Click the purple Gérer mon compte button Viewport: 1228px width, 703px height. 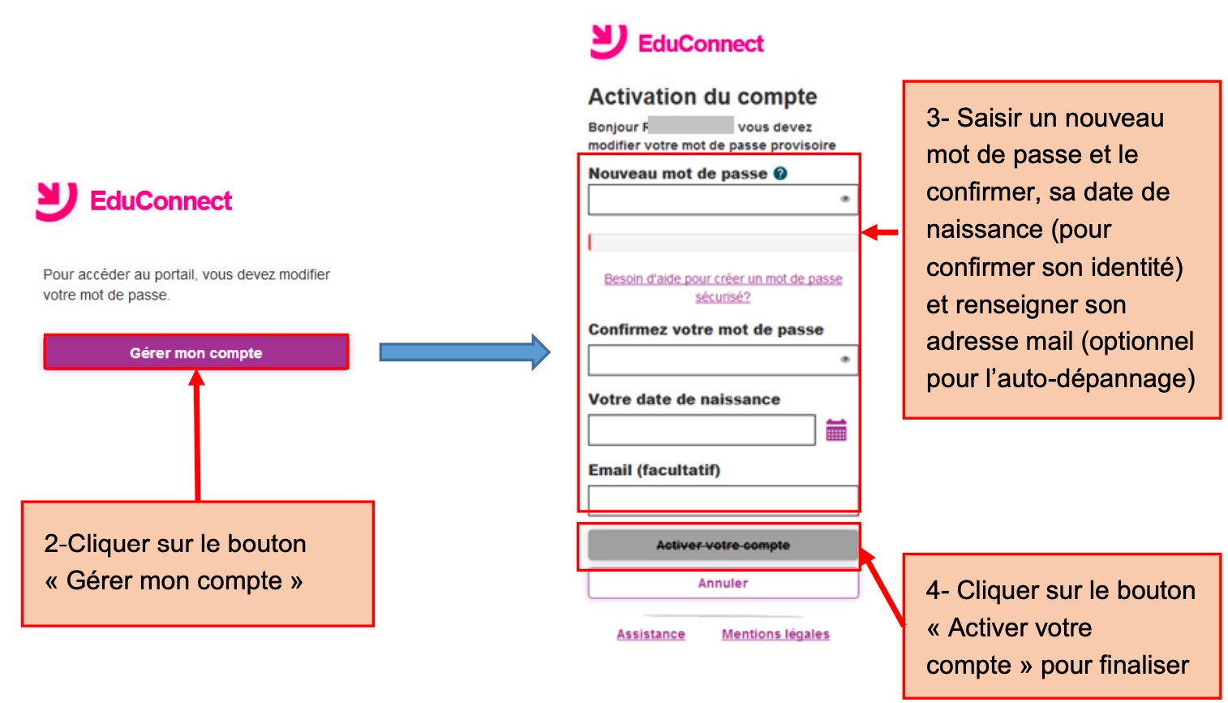tap(196, 351)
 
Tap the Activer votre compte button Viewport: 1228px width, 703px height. tap(723, 545)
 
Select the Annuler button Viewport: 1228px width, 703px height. tap(723, 583)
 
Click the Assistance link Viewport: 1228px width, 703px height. tap(650, 634)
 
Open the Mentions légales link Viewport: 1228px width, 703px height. tap(775, 634)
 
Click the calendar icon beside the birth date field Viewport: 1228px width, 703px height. tap(836, 429)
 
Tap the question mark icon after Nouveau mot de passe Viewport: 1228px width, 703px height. tap(780, 174)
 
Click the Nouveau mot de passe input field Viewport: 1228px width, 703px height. tap(723, 199)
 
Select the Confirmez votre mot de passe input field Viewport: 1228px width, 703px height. tap(723, 360)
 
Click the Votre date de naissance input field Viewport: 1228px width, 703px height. tap(702, 429)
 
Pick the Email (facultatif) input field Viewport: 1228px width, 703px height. tap(723, 499)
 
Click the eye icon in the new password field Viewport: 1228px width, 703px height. tap(845, 199)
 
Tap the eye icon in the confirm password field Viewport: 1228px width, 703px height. tap(845, 360)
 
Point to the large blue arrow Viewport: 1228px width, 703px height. tap(465, 351)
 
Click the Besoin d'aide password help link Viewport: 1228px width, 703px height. tap(723, 287)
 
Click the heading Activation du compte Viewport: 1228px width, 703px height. tap(702, 97)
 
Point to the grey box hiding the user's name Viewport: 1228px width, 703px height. tap(691, 125)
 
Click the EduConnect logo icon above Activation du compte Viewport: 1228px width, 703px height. tap(608, 41)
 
